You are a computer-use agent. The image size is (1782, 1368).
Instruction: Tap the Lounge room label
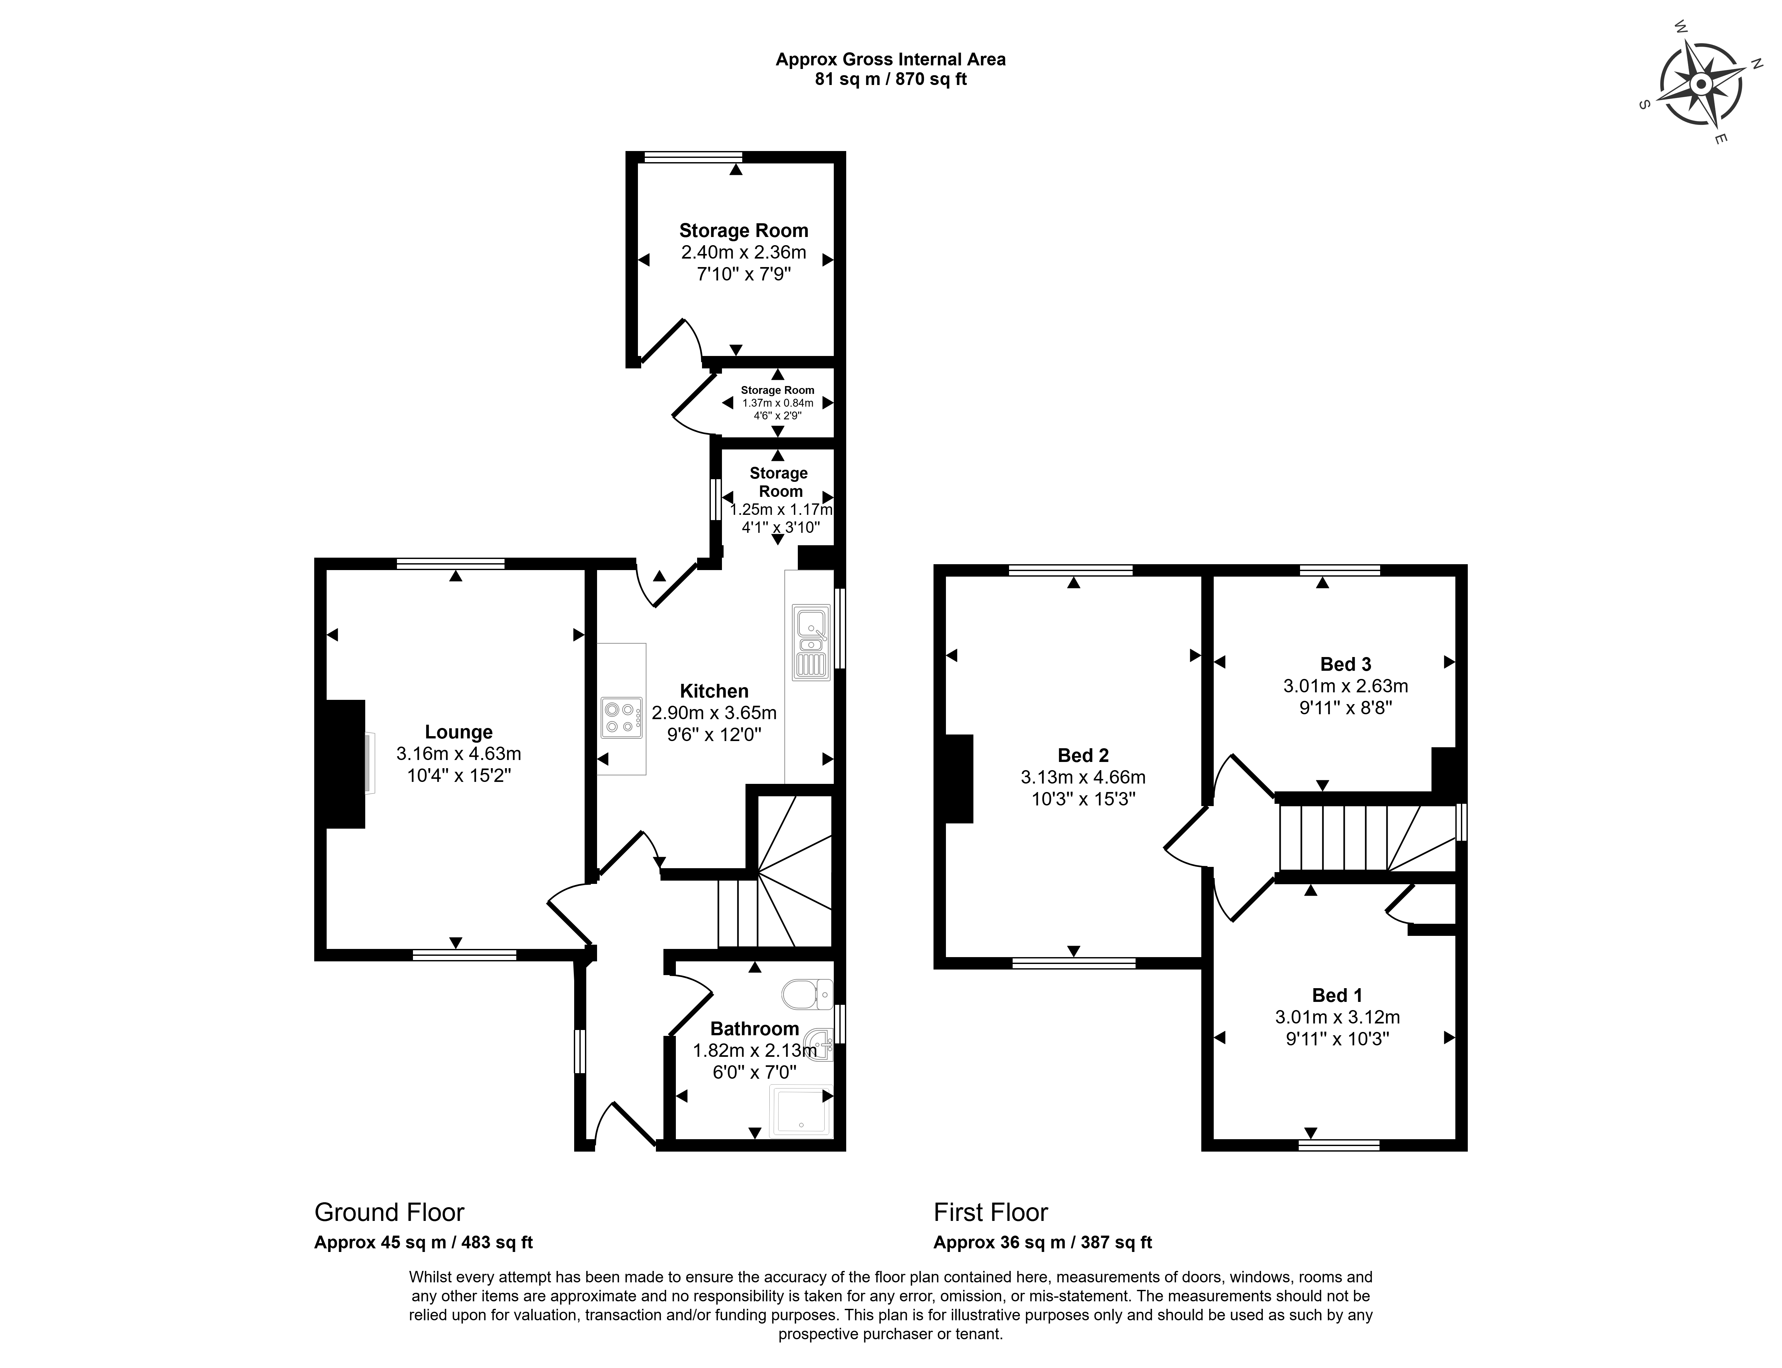click(458, 732)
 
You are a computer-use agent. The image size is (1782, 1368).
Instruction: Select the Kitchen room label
click(714, 691)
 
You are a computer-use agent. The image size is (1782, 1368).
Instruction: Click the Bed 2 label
click(1083, 756)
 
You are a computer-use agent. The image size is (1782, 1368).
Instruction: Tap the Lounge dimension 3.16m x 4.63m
click(458, 754)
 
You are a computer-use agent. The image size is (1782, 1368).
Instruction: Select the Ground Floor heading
click(389, 1212)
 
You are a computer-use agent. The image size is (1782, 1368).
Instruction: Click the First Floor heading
click(990, 1212)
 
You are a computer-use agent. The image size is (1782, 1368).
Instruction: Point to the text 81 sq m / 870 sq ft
click(891, 80)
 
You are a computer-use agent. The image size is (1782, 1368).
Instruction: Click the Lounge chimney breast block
click(345, 764)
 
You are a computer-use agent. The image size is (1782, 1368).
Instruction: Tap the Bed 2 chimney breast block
click(959, 778)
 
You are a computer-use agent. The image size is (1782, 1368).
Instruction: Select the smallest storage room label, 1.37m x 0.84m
click(778, 402)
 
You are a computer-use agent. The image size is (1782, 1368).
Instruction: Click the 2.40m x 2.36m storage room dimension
click(744, 252)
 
